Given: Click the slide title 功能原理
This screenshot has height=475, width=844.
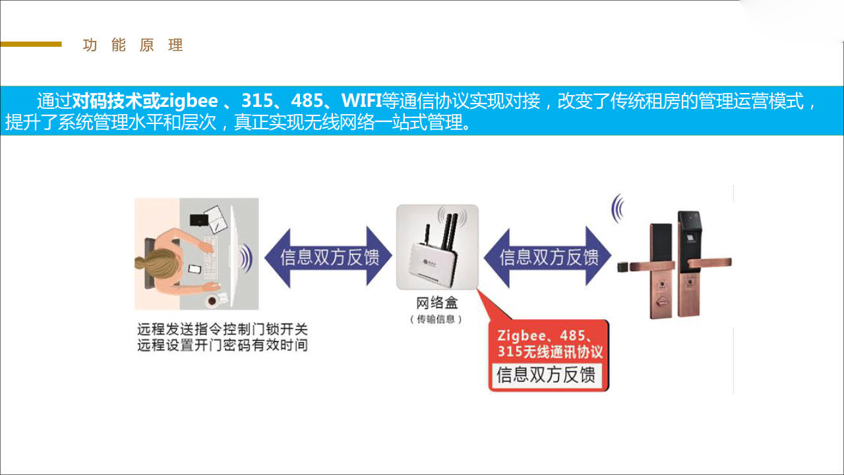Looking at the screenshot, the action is (x=133, y=46).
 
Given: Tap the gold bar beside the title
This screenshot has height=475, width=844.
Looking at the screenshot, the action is (x=31, y=44).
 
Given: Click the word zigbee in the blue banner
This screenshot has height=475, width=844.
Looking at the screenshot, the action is (x=189, y=101).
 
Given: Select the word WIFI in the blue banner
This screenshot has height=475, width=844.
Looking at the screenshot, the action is (x=361, y=101).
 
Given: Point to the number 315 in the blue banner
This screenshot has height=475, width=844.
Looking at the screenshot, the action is (x=257, y=101).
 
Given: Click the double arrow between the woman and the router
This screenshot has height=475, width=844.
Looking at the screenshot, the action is (x=328, y=257).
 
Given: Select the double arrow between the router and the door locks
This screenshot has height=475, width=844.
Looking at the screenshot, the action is (x=547, y=257).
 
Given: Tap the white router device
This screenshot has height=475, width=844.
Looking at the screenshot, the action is (x=437, y=247).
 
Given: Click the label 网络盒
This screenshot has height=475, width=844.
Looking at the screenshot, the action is (x=437, y=302).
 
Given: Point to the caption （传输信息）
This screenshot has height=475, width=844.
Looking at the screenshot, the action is (x=436, y=319).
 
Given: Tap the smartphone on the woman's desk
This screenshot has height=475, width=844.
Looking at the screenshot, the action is (x=195, y=269).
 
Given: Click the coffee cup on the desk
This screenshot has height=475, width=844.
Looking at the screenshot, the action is (x=212, y=300).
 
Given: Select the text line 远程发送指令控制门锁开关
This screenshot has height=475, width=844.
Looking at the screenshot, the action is (x=222, y=329).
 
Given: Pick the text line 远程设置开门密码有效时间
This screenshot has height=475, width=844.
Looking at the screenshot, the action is (x=222, y=345).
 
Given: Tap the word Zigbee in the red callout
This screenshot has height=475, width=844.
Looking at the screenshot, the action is (x=522, y=335).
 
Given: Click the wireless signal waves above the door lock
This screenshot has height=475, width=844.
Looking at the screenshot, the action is (x=618, y=208).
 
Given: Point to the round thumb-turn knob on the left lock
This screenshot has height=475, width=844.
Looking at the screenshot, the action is (x=661, y=301).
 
